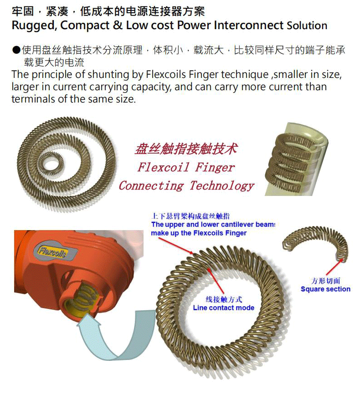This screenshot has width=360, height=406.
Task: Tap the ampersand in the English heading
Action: [x=117, y=26]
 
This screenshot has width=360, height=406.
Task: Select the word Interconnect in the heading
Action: [x=249, y=26]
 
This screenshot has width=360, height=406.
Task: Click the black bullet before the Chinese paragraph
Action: [x=16, y=50]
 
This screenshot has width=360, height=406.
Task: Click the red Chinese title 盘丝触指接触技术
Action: [x=186, y=149]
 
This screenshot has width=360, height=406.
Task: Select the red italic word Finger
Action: [x=215, y=167]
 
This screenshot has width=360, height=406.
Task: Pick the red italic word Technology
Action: [x=222, y=186]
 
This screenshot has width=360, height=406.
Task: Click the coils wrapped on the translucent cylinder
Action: [x=288, y=163]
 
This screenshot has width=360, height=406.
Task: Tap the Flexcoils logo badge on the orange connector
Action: [x=55, y=250]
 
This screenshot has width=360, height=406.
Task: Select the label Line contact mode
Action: [x=223, y=308]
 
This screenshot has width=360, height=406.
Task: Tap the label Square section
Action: [x=325, y=289]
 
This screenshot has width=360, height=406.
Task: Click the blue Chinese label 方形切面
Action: [x=326, y=281]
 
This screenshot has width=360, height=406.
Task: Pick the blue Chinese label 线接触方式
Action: [x=224, y=299]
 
